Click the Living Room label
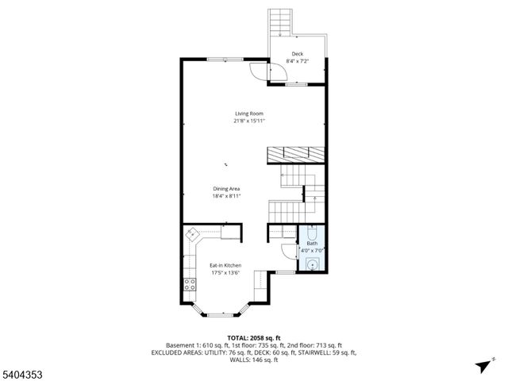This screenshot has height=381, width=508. tap(248, 114)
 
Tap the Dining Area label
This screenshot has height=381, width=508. tap(226, 188)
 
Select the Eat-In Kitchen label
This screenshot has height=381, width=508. tap(225, 265)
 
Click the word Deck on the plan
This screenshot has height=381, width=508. tap(297, 54)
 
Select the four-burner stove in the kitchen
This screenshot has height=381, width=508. tap(190, 284)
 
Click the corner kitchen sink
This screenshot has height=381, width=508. tap(192, 235)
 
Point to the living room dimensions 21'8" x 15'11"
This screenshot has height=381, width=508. tap(248, 121)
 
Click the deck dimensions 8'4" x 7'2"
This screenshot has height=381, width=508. tap(297, 61)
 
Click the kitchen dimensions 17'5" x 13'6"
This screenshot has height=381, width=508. tap(225, 273)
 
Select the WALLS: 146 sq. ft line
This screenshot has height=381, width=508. tap(254, 360)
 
